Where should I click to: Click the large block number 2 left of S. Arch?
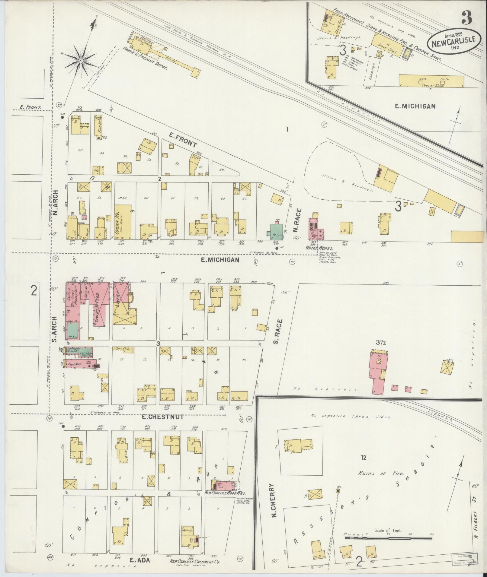coord(34,291)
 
